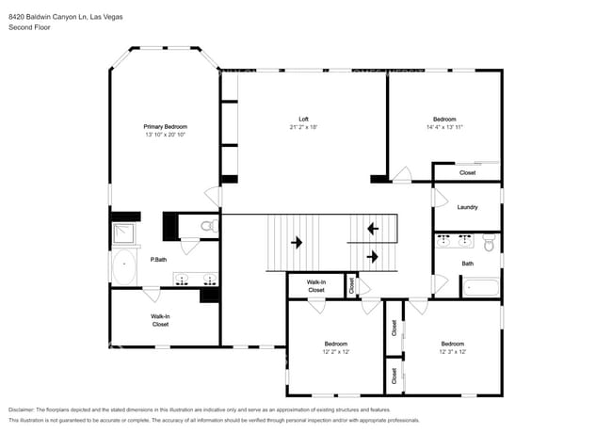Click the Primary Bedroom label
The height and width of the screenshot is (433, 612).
[166, 126]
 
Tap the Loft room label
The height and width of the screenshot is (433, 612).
[303, 119]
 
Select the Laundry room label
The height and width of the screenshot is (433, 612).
[467, 207]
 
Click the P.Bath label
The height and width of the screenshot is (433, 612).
[158, 260]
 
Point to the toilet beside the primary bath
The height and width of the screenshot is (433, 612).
[210, 226]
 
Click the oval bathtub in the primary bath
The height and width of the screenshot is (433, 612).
[124, 267]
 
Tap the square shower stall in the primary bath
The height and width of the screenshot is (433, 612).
[123, 233]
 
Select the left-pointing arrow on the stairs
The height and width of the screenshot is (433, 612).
[373, 228]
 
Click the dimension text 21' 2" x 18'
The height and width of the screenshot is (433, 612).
[303, 127]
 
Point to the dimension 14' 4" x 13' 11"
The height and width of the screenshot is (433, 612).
[444, 127]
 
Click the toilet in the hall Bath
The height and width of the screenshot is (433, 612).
[489, 242]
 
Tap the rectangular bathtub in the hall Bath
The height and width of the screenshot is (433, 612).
[480, 287]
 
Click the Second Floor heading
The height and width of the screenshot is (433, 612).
[29, 27]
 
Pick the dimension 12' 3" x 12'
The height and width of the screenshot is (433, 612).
[453, 351]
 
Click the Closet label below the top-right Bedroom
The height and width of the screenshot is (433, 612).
[467, 172]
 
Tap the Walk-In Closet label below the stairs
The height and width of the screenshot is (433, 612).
[316, 286]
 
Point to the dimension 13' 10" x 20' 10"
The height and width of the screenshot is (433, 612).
[166, 135]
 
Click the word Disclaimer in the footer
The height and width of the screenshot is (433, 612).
[21, 409]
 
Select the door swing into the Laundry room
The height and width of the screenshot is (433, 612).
[442, 199]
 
